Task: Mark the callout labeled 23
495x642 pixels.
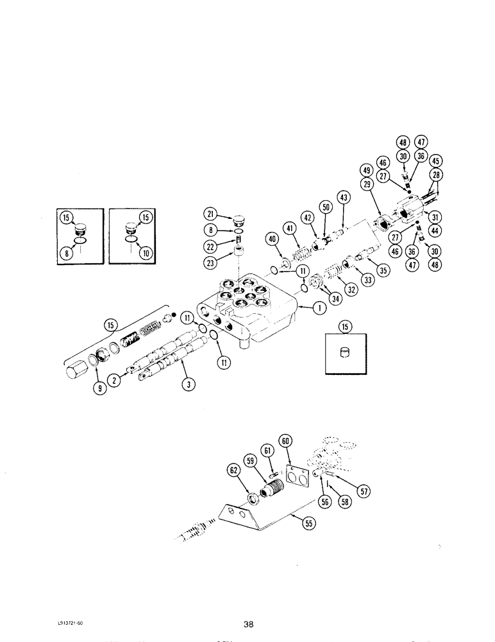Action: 211,261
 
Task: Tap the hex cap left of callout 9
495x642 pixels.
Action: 75,370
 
